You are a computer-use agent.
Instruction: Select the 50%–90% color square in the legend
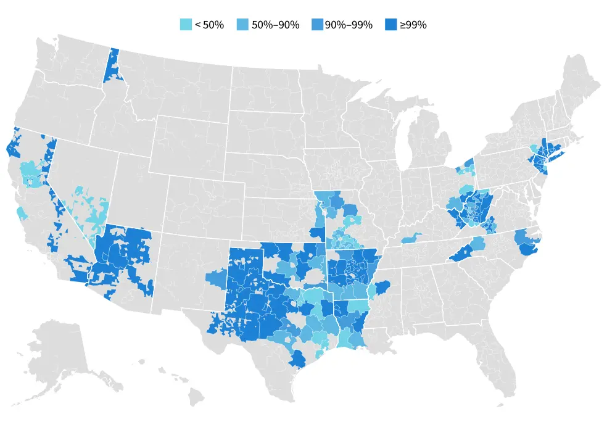[243, 25]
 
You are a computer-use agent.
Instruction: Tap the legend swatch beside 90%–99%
[318, 25]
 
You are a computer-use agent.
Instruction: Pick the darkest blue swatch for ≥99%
[390, 25]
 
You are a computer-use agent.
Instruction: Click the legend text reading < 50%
[209, 25]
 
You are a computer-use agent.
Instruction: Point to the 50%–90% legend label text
[276, 25]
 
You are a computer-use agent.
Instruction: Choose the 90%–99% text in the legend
[349, 25]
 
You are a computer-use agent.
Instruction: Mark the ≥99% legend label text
[413, 25]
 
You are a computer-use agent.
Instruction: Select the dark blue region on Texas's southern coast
[298, 358]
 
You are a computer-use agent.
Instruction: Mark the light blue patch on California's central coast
[22, 213]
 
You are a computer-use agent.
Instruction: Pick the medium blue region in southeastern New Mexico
[217, 280]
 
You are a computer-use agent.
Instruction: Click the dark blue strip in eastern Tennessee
[459, 254]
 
